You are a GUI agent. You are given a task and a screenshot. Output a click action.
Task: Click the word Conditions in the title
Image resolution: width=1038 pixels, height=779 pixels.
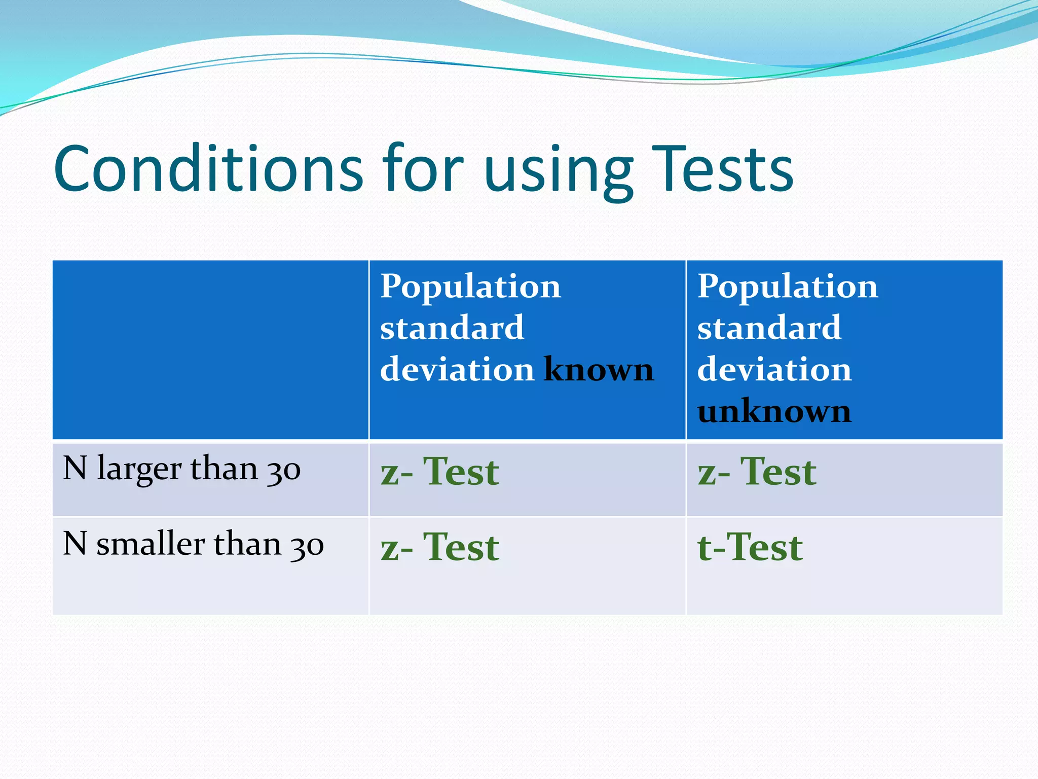(208, 168)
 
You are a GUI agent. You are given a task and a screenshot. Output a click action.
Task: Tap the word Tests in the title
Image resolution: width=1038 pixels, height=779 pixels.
(722, 168)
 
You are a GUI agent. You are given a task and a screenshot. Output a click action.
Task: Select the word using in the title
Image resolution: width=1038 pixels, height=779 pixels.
(559, 172)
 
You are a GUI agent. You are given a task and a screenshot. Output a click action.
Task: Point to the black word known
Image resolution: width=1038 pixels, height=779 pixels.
(599, 369)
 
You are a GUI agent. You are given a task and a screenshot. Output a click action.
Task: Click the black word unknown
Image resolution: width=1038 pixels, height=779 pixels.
(774, 411)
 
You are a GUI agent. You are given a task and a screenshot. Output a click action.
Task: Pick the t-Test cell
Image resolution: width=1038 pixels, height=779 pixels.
(750, 547)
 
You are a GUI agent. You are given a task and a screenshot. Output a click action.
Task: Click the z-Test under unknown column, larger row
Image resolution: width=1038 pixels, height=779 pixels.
(757, 472)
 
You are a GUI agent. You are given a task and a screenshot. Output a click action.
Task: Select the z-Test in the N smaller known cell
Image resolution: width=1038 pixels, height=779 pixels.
(440, 547)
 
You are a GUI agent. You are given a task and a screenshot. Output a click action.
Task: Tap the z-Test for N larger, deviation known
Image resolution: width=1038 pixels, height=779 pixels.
(440, 472)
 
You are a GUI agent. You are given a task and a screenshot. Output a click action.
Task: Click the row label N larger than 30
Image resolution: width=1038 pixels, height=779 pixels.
(181, 468)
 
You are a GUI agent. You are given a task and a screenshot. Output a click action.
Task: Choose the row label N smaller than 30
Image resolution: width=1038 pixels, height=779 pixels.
(193, 544)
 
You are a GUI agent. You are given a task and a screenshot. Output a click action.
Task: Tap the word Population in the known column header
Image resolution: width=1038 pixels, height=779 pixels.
(470, 287)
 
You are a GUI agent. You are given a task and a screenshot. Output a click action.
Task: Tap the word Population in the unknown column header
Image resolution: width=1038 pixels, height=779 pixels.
(787, 287)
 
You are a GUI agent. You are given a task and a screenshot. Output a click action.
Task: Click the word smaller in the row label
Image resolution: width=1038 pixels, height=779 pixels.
(151, 544)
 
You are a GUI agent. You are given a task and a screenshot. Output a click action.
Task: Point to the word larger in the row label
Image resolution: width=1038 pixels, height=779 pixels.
(139, 469)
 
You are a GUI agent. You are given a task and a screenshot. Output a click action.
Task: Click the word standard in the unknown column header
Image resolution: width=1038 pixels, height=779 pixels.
(769, 328)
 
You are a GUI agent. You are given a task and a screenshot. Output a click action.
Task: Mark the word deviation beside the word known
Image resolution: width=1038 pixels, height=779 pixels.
(457, 369)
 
